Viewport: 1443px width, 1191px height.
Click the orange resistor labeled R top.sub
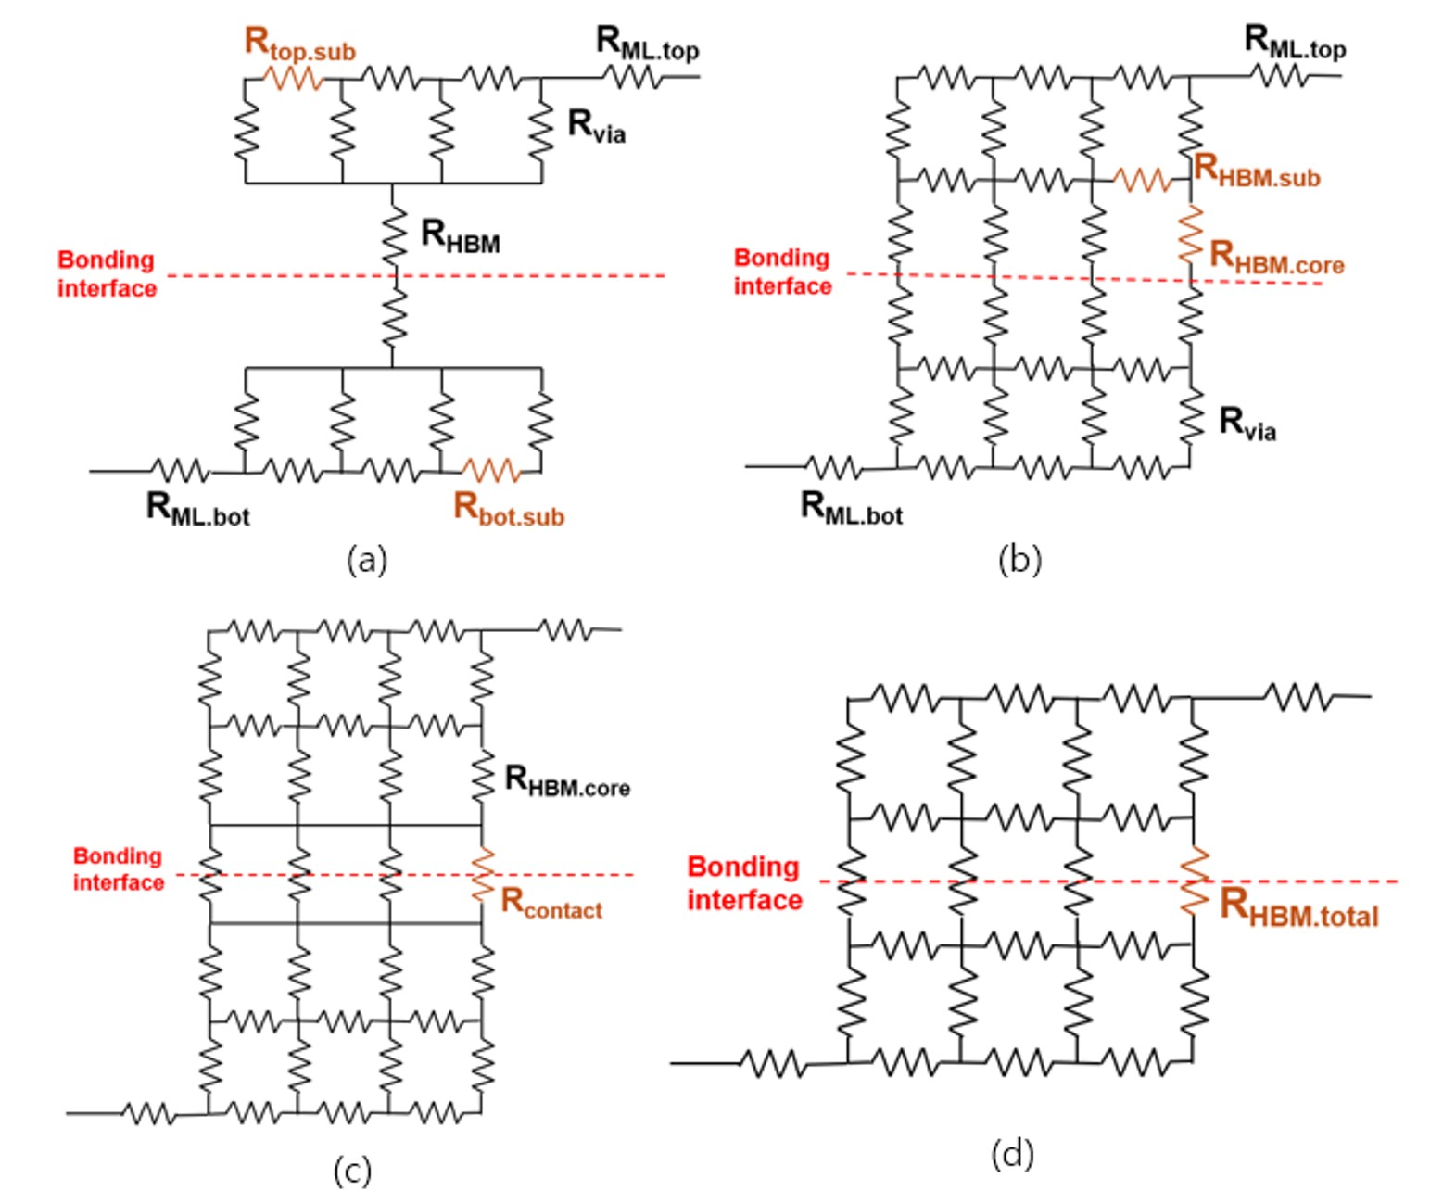(295, 78)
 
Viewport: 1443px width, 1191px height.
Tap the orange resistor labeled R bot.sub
(491, 471)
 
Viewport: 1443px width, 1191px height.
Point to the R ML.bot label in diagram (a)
(197, 509)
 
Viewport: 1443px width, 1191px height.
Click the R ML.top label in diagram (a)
(647, 44)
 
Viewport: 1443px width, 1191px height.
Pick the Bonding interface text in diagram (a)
(107, 273)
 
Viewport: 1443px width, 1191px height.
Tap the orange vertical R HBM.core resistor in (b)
(1190, 233)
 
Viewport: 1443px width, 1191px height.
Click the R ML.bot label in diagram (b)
(851, 508)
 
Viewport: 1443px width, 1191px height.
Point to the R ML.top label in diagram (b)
(1295, 42)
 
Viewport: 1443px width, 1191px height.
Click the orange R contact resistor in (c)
(482, 875)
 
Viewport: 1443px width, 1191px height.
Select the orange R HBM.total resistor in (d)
(1195, 880)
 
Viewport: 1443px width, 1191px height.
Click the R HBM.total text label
(1298, 907)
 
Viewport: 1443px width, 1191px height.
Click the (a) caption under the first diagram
(367, 559)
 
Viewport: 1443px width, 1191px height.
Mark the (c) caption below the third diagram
(352, 1170)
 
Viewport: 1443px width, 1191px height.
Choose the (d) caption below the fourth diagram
(1012, 1154)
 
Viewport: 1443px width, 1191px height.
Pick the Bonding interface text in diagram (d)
(744, 882)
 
